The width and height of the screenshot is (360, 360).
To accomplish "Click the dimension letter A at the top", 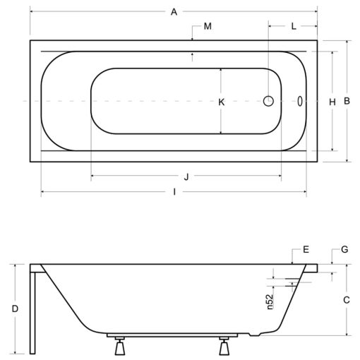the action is coord(174,12).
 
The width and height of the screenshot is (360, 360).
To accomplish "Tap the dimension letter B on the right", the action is coord(347,101).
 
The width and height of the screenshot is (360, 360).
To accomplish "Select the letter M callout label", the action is coord(208,26).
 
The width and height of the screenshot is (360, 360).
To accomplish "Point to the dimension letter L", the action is coord(294,26).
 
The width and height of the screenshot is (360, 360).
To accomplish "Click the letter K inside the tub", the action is coord(222,102).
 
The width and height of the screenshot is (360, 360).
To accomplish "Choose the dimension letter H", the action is coord(332,102).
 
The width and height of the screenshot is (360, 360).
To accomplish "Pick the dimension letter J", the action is coord(186,176).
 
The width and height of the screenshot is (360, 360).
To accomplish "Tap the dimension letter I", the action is coord(174,192).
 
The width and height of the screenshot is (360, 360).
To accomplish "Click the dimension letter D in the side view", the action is coord(15,308).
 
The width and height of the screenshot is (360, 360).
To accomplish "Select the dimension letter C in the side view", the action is coord(347,300).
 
